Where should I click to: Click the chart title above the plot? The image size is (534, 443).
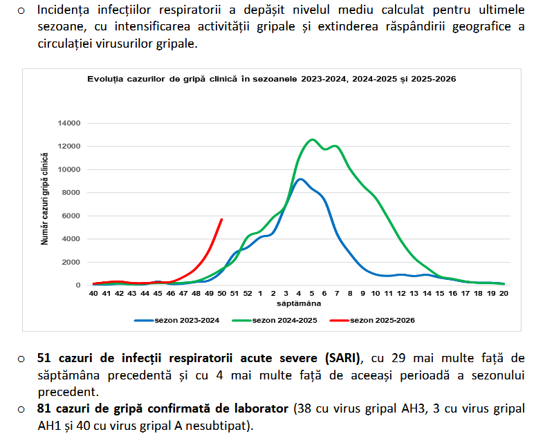point(271,79)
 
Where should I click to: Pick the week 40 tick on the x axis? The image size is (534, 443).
point(93,294)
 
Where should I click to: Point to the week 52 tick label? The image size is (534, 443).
point(248,294)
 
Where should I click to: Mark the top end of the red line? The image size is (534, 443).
point(222,219)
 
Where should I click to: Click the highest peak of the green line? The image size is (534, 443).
point(312,140)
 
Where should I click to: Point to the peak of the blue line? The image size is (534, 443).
point(299,179)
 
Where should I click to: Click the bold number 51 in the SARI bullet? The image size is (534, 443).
point(45,358)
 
